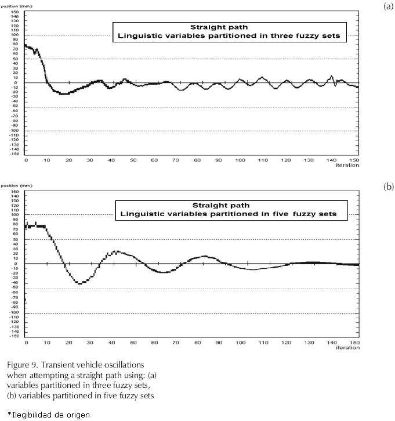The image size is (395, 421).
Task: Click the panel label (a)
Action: point(388,6)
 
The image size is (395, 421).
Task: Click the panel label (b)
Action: point(388,187)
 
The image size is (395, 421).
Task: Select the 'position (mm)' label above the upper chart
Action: point(13,6)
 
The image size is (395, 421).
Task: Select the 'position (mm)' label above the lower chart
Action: point(13,186)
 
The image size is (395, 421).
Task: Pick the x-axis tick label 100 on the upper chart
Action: point(240,160)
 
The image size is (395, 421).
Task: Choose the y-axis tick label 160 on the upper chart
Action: point(16,11)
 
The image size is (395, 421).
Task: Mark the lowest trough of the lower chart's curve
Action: point(79,283)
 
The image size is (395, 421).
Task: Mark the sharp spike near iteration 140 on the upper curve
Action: point(332,76)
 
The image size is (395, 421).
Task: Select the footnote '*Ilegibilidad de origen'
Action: point(49,413)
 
